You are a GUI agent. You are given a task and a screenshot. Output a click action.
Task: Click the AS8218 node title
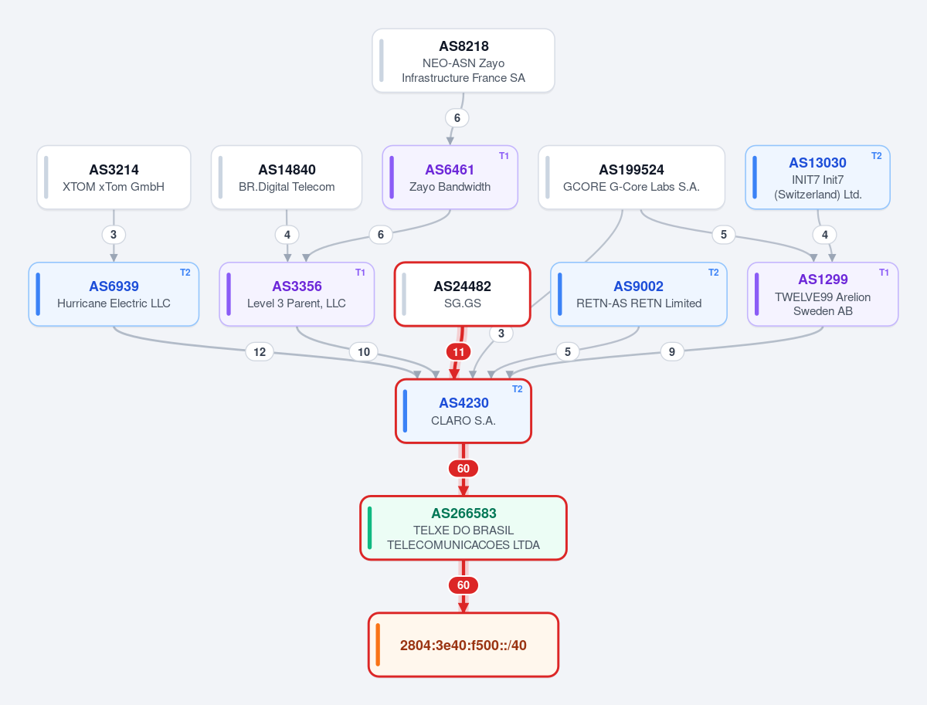click(463, 46)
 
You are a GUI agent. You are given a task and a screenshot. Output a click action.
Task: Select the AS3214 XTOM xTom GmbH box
click(114, 178)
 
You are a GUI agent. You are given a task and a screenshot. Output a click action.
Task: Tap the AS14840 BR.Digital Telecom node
click(287, 178)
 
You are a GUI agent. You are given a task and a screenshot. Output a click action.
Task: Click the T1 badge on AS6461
click(504, 156)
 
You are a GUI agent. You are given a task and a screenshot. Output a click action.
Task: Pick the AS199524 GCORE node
click(631, 178)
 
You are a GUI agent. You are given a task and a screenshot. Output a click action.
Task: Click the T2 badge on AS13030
click(876, 156)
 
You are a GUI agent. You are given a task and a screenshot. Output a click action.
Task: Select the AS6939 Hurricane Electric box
click(114, 294)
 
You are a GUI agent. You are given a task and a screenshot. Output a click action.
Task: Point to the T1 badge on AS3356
click(360, 273)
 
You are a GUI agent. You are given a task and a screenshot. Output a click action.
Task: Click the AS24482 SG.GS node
click(463, 294)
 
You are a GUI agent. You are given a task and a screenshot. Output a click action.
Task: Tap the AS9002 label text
click(638, 286)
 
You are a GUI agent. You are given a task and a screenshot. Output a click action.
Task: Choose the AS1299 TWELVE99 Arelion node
click(823, 294)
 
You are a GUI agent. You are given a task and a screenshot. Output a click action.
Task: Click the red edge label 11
click(459, 351)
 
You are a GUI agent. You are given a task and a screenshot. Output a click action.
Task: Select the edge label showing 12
click(260, 351)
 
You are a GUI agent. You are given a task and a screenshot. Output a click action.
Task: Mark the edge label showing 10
click(364, 351)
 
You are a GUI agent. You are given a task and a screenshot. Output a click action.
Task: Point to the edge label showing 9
click(672, 351)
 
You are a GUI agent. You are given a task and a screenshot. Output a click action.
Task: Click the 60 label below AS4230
click(463, 469)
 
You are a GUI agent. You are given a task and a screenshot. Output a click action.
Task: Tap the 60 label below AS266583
click(463, 585)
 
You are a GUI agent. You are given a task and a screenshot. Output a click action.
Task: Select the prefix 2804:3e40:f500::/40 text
click(463, 645)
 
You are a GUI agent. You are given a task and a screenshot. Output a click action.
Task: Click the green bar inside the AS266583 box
click(369, 527)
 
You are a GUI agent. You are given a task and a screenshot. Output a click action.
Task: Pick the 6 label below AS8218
click(457, 118)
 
